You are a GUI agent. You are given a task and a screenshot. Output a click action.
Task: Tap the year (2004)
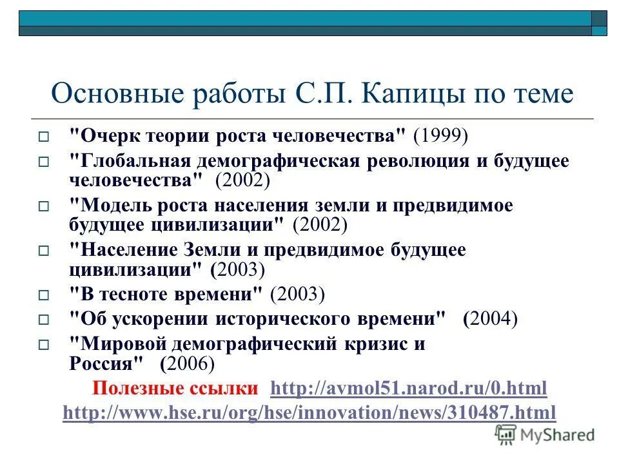pyautogui.click(x=490, y=318)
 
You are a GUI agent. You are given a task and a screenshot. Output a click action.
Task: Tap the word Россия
pyautogui.click(x=104, y=363)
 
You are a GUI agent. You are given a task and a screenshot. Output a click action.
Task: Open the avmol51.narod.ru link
pyautogui.click(x=409, y=389)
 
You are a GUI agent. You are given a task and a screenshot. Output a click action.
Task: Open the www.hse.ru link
pyautogui.click(x=309, y=412)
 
